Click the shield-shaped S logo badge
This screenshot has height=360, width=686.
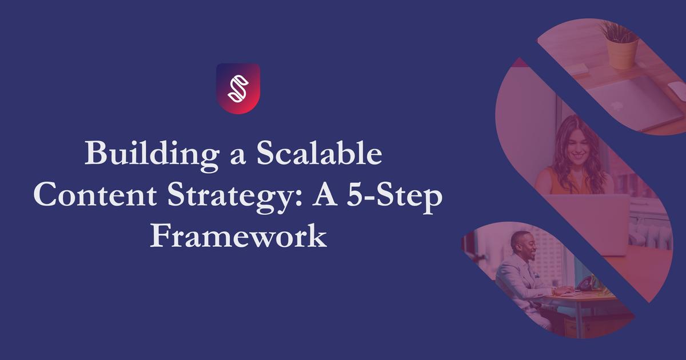point(238,89)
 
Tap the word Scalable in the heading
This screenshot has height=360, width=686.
point(319,153)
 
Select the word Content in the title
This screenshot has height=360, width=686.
point(95,195)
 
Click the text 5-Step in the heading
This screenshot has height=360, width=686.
point(395,198)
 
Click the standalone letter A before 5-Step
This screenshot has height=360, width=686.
point(325,195)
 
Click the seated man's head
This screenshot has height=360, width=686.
point(523,246)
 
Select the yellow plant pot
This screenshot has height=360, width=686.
point(622,53)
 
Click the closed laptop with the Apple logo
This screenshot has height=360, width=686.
point(631,101)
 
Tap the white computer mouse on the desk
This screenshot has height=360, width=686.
point(677,90)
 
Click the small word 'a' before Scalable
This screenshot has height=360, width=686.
point(238,157)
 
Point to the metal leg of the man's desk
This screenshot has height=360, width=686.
point(578,318)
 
